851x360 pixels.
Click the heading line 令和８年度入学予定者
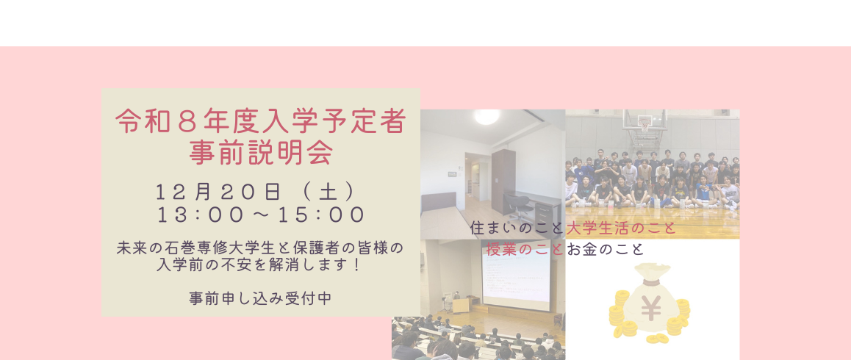click(x=261, y=121)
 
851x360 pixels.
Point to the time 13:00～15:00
click(x=261, y=215)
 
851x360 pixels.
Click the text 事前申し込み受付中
click(x=261, y=298)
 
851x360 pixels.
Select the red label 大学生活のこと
click(x=621, y=228)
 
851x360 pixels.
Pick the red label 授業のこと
click(x=525, y=249)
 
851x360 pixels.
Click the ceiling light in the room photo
click(x=486, y=116)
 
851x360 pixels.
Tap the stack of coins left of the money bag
click(x=620, y=312)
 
